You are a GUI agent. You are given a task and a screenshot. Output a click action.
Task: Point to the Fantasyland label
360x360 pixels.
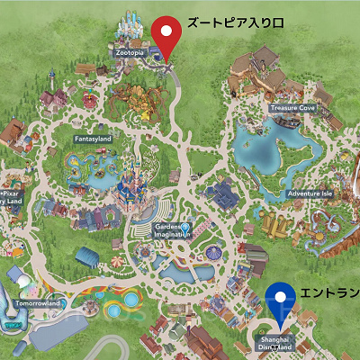pyautogui.click(x=91, y=139)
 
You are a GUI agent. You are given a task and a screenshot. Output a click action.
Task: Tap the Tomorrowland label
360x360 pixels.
pyautogui.click(x=37, y=303)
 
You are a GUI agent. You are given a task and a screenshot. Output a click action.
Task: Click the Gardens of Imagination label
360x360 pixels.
pyautogui.click(x=169, y=231)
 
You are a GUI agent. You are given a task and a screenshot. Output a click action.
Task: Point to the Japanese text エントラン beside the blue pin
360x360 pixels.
pyautogui.click(x=328, y=293)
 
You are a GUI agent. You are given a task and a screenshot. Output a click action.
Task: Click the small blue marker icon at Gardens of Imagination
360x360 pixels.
pyautogui.click(x=185, y=228)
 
